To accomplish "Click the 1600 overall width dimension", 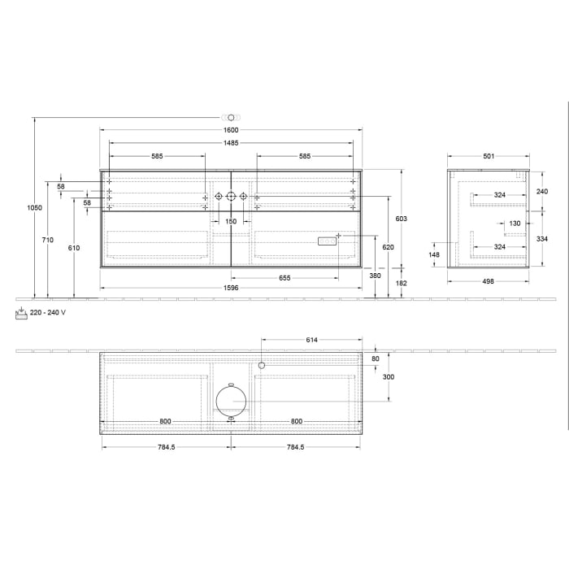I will point(231,130).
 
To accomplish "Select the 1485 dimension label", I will point(231,143).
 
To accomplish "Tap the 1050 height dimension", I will point(35,208).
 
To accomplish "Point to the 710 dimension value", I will point(48,240).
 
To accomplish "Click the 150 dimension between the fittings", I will point(231,221).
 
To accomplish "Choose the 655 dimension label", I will point(284,278).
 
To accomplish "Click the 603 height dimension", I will point(401,219).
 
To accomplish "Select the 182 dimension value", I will point(401,282).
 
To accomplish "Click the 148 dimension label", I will point(434,254).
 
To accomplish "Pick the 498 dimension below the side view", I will point(488,281).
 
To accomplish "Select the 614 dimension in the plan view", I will point(311,340).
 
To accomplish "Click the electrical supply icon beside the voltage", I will point(20,312).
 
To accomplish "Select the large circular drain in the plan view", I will point(231,402).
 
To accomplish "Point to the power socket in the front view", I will point(327,241).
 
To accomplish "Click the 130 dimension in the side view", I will point(514,223).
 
